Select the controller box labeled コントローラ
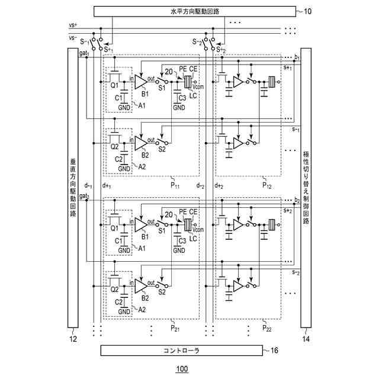tap(181, 351)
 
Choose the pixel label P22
tap(268, 327)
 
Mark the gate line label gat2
tap(83, 196)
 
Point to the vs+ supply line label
tap(73, 25)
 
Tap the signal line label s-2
tap(294, 273)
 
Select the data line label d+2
tap(219, 185)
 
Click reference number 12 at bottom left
tap(73, 339)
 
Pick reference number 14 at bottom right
tap(306, 339)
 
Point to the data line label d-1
tap(89, 185)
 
